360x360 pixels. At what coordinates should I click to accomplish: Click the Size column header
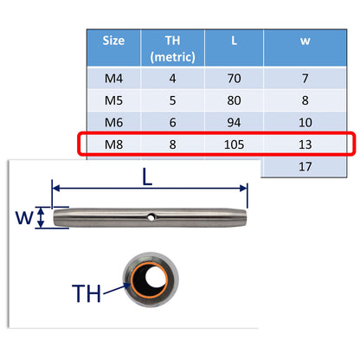[x=112, y=40]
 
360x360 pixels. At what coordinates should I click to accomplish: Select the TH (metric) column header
[x=171, y=48]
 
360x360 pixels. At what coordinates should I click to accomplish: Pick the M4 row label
[x=112, y=79]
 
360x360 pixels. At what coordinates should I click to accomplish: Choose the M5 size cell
[x=112, y=101]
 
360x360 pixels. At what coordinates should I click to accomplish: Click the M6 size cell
[x=112, y=123]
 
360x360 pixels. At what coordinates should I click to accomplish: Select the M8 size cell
[x=112, y=144]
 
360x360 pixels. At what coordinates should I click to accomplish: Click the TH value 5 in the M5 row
[x=171, y=101]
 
